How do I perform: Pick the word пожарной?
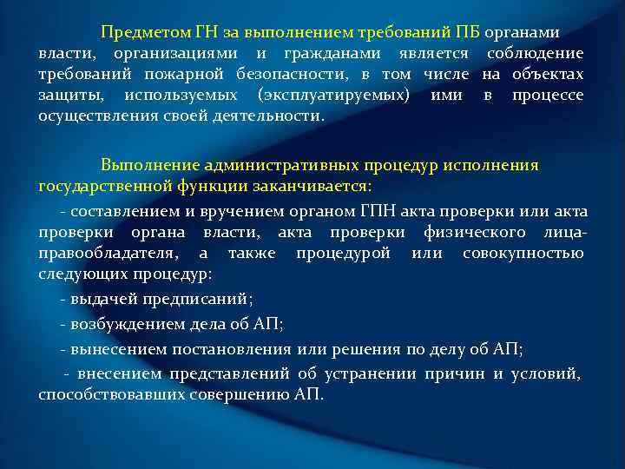click(x=185, y=75)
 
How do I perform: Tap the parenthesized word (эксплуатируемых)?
click(x=333, y=96)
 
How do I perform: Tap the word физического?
click(x=473, y=232)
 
